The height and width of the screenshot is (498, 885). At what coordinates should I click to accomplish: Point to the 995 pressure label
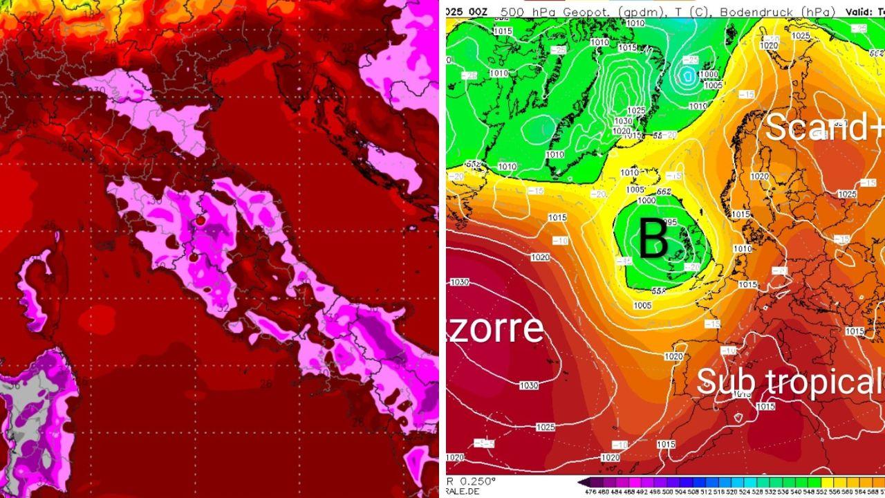(668, 223)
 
